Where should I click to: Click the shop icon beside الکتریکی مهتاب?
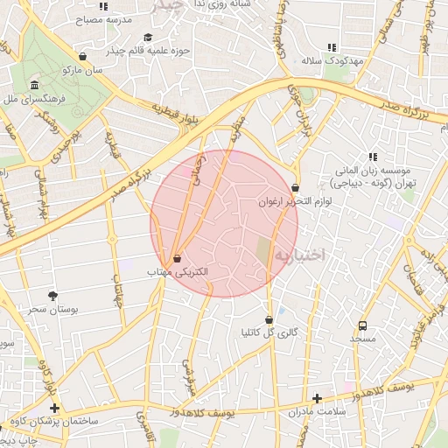click(x=178, y=259)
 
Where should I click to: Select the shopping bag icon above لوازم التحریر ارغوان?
click(x=295, y=187)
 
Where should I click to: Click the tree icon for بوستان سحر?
click(x=52, y=296)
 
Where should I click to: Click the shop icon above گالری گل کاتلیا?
click(x=269, y=319)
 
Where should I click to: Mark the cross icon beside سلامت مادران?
click(x=317, y=398)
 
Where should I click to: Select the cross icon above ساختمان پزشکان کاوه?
click(x=54, y=408)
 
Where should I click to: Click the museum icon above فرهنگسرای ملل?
click(x=34, y=85)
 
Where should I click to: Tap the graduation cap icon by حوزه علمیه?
click(x=147, y=38)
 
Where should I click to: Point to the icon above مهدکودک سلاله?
click(x=331, y=47)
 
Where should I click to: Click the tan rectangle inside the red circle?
click(x=263, y=252)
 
